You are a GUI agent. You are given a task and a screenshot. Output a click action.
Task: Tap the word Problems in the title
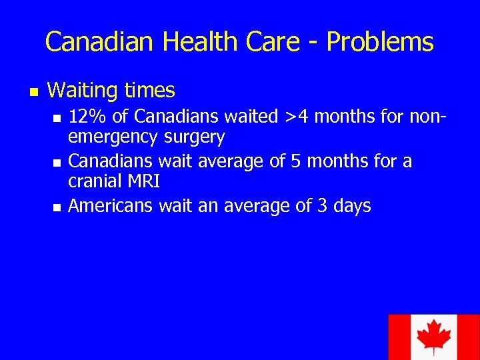380,42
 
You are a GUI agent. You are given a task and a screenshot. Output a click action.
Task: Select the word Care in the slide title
276,42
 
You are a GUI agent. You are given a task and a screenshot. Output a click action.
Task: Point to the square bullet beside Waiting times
32,91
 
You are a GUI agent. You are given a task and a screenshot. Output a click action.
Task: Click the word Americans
111,206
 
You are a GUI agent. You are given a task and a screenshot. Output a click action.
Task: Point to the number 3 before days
322,206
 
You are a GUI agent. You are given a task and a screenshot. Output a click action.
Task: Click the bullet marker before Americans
57,207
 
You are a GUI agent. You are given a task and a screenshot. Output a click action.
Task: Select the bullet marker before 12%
57,118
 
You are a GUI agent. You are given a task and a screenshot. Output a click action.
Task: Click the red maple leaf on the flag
434,337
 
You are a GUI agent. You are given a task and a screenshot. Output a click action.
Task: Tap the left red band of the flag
398,337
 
